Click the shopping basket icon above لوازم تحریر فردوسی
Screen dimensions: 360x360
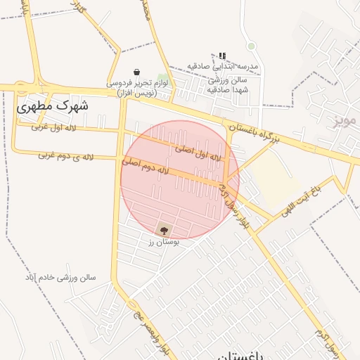click(136, 72)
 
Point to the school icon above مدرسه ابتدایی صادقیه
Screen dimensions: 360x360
click(222, 56)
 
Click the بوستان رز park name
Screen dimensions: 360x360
click(163, 241)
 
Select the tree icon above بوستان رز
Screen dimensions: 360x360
click(164, 229)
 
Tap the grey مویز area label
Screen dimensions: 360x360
click(345, 120)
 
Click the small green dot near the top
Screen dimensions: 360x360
click(251, 46)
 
